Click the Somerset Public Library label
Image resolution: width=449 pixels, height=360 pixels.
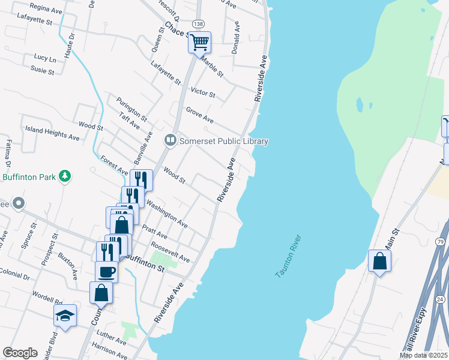click(224, 141)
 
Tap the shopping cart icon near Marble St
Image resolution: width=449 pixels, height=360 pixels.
click(199, 42)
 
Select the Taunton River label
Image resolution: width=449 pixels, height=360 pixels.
click(289, 256)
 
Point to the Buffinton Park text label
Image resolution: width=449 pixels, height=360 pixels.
click(29, 177)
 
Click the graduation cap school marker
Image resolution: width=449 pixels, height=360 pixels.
click(65, 315)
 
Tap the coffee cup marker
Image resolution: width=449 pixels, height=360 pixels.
click(106, 271)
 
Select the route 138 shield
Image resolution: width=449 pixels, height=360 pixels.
click(197, 23)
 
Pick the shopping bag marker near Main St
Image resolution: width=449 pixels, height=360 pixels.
click(379, 261)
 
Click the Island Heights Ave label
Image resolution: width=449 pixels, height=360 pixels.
click(52, 133)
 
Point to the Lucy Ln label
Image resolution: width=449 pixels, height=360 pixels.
click(44, 58)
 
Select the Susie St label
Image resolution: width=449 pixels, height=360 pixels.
click(43, 71)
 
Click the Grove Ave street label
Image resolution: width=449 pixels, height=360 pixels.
click(199, 115)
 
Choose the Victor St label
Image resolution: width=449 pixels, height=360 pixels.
click(202, 92)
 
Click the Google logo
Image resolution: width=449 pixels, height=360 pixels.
click(20, 353)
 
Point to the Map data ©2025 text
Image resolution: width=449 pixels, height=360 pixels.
click(424, 355)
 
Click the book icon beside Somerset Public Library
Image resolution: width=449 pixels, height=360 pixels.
click(170, 140)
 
